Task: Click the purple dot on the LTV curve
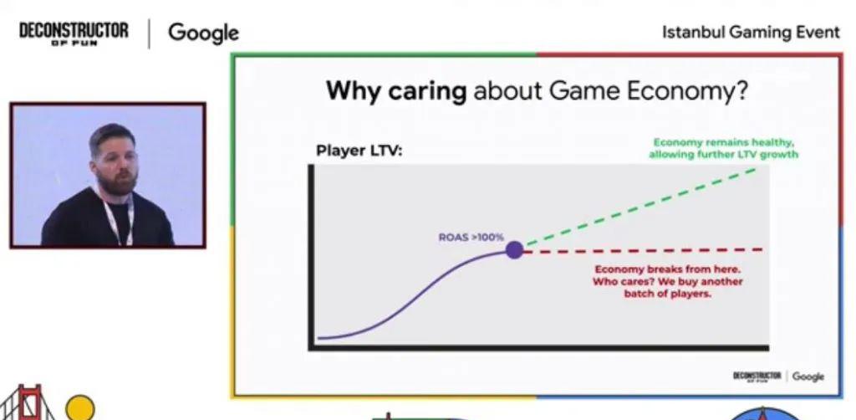pyautogui.click(x=514, y=250)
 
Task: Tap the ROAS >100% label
pyautogui.click(x=471, y=237)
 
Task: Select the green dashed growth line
pyautogui.click(x=641, y=207)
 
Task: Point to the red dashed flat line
pyautogui.click(x=643, y=251)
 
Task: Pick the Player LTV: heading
pyautogui.click(x=359, y=151)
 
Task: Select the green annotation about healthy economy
pyautogui.click(x=723, y=149)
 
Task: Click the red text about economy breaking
pyautogui.click(x=668, y=281)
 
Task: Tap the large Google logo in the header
pyautogui.click(x=203, y=33)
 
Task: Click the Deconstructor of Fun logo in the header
pyautogui.click(x=74, y=33)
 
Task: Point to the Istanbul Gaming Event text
pyautogui.click(x=752, y=33)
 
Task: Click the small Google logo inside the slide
pyautogui.click(x=808, y=376)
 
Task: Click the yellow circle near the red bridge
pyautogui.click(x=80, y=408)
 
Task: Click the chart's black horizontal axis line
pyautogui.click(x=539, y=348)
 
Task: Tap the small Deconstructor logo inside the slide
pyautogui.click(x=757, y=376)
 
